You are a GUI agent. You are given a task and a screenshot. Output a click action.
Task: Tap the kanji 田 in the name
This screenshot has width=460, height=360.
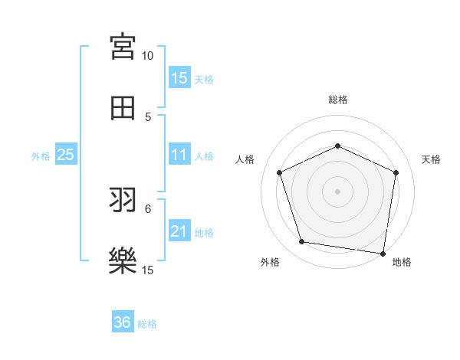point(123,108)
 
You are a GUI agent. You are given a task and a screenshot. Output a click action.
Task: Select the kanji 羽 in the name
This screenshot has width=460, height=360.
point(123,201)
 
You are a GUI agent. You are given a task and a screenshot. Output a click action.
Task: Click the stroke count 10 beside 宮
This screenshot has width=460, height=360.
point(148,56)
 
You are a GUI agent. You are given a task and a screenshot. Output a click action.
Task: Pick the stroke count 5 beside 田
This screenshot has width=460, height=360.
point(148,117)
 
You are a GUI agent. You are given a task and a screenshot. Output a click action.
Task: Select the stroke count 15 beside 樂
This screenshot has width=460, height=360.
point(148,270)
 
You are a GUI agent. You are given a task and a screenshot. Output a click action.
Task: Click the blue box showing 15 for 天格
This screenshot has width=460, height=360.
point(179,78)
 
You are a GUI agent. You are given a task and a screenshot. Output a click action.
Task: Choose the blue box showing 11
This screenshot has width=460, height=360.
point(179,155)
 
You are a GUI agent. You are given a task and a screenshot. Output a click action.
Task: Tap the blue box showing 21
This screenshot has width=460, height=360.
point(179,231)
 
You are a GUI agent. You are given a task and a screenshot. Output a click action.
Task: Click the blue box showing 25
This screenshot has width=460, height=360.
point(66,155)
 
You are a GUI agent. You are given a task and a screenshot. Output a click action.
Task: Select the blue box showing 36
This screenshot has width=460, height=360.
point(123,322)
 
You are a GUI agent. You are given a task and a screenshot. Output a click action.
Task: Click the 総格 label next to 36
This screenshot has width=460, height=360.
point(148,324)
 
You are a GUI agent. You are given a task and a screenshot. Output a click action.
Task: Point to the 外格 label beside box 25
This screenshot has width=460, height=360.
point(41,156)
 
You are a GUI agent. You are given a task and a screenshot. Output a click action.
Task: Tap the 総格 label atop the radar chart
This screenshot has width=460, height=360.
point(337,100)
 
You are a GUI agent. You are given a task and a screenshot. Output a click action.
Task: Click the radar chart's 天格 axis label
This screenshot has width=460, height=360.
point(432,159)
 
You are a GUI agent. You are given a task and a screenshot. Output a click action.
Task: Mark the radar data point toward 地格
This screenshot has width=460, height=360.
point(383,253)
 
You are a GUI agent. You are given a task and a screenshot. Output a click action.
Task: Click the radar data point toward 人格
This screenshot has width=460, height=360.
point(279,172)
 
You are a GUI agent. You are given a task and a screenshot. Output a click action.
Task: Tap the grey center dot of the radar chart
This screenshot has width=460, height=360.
point(337,191)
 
